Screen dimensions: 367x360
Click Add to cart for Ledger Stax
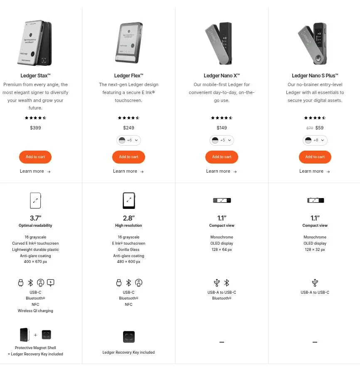click(x=35, y=157)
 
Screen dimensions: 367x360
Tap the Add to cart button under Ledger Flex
click(x=128, y=157)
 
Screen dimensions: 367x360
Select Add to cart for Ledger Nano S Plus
click(x=315, y=157)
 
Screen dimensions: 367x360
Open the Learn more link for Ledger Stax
click(x=35, y=171)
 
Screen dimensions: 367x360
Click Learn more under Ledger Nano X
click(x=221, y=171)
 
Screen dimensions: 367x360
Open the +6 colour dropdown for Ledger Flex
click(x=128, y=140)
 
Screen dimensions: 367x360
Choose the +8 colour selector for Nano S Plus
click(x=315, y=140)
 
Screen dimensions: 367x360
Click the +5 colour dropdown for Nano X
click(x=222, y=140)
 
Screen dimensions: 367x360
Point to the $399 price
click(x=35, y=128)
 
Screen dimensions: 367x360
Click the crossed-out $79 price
click(x=310, y=128)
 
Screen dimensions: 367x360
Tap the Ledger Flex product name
click(x=128, y=76)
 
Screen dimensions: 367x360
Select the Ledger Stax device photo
click(x=35, y=43)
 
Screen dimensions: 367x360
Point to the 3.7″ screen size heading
click(x=35, y=218)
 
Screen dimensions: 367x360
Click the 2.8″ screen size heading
click(x=128, y=218)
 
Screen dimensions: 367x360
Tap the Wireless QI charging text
click(x=35, y=311)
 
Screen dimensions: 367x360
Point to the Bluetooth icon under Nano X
click(x=227, y=283)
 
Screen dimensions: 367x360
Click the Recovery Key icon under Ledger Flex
click(x=129, y=337)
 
